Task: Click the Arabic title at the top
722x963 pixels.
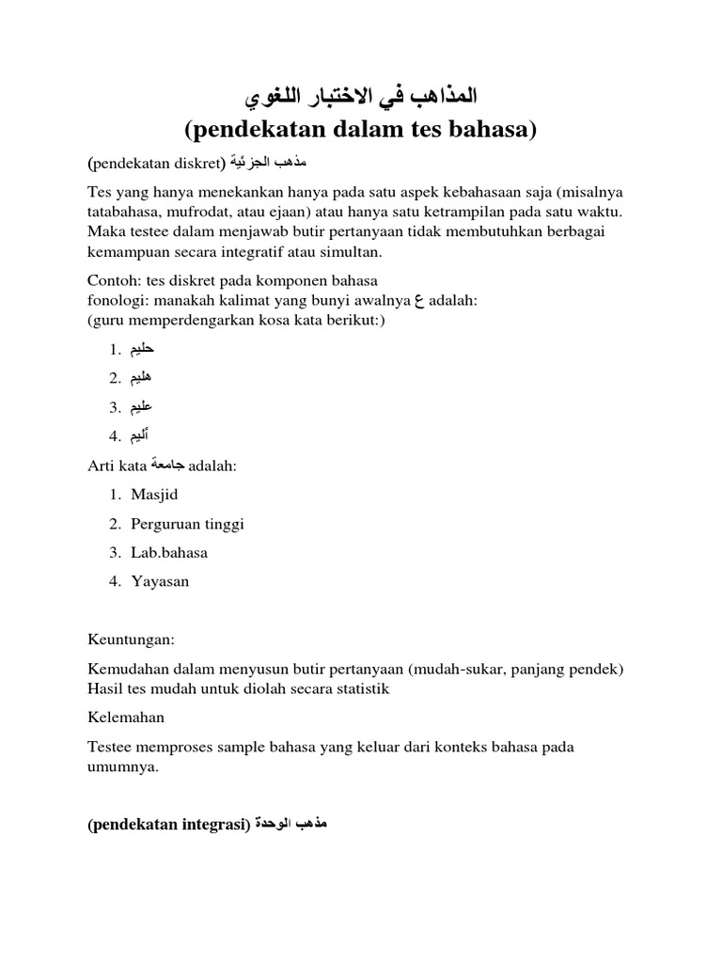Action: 360,97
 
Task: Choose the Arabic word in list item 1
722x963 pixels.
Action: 141,349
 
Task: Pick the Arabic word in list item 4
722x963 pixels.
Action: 140,435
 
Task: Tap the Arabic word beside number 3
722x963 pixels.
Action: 141,407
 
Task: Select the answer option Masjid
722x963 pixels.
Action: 155,495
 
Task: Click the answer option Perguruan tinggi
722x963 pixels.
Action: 188,524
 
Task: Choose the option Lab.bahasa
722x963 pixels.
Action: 170,552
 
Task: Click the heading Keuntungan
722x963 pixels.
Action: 131,639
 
